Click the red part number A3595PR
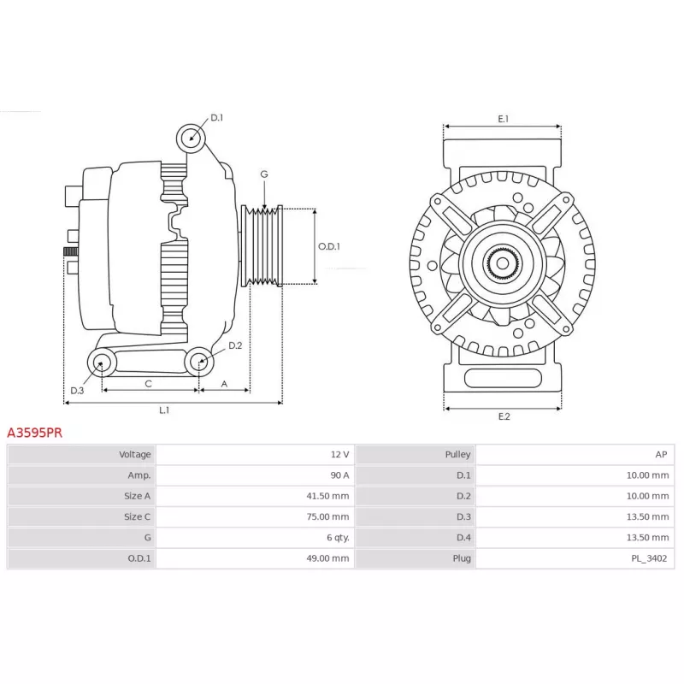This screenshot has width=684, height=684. (x=34, y=433)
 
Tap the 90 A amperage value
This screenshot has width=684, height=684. (x=339, y=475)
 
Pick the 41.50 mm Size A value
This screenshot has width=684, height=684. (x=327, y=496)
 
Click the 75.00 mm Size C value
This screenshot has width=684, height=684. (x=327, y=516)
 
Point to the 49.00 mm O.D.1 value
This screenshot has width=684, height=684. (x=327, y=558)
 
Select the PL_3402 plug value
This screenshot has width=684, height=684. (x=649, y=558)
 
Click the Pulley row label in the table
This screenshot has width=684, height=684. (x=458, y=455)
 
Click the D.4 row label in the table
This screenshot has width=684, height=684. (x=463, y=538)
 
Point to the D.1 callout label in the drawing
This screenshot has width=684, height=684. (x=217, y=118)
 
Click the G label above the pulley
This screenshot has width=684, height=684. (x=264, y=174)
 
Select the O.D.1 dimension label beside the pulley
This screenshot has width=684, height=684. (x=329, y=246)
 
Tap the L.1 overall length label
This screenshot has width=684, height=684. (x=164, y=410)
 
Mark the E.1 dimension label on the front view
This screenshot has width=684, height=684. (x=503, y=119)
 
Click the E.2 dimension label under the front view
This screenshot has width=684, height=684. (x=504, y=416)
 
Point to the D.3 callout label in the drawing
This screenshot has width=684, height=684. (x=77, y=391)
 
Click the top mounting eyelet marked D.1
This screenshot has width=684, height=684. (x=191, y=138)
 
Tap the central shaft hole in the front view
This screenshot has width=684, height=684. (x=503, y=263)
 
